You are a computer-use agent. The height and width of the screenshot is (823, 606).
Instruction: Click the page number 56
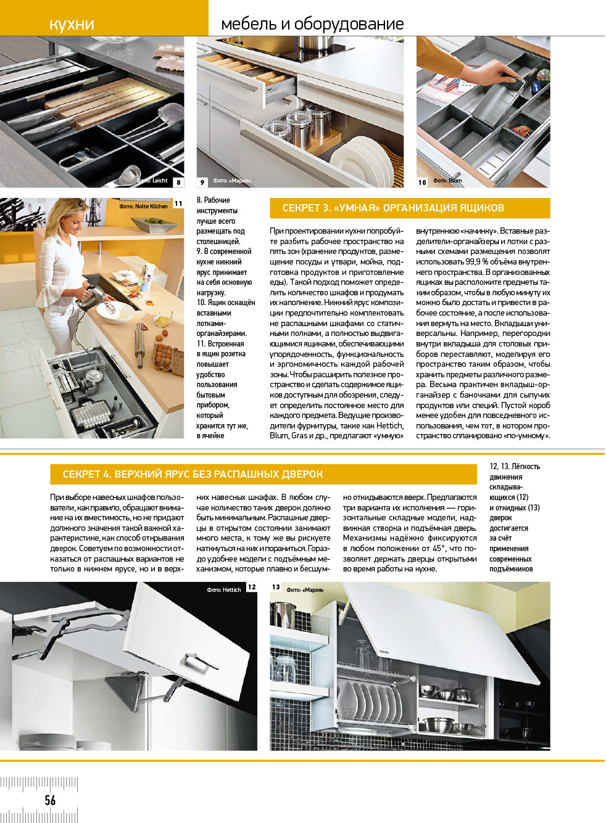(x=50, y=800)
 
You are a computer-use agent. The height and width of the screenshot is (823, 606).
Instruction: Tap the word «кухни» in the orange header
(x=72, y=24)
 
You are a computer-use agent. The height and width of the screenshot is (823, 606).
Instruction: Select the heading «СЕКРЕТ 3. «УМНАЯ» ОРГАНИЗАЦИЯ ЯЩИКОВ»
(x=393, y=208)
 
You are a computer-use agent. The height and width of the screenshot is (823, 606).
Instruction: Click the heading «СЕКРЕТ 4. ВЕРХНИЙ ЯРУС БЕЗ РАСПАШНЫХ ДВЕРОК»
(x=193, y=474)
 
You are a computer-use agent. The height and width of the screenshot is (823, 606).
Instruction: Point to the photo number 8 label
(x=178, y=182)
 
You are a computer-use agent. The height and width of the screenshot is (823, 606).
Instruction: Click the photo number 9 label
(x=202, y=182)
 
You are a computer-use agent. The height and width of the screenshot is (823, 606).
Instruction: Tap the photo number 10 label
(x=422, y=182)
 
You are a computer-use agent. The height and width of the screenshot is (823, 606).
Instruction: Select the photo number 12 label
(x=252, y=588)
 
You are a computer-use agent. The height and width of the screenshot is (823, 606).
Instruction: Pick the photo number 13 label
(x=276, y=588)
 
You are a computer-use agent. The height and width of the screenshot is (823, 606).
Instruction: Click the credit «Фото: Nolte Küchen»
(x=143, y=207)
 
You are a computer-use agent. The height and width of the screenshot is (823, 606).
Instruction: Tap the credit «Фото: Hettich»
(x=224, y=590)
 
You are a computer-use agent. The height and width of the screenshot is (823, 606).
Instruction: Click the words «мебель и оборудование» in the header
(x=312, y=24)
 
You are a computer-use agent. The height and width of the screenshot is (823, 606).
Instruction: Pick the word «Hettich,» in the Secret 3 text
(x=389, y=425)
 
